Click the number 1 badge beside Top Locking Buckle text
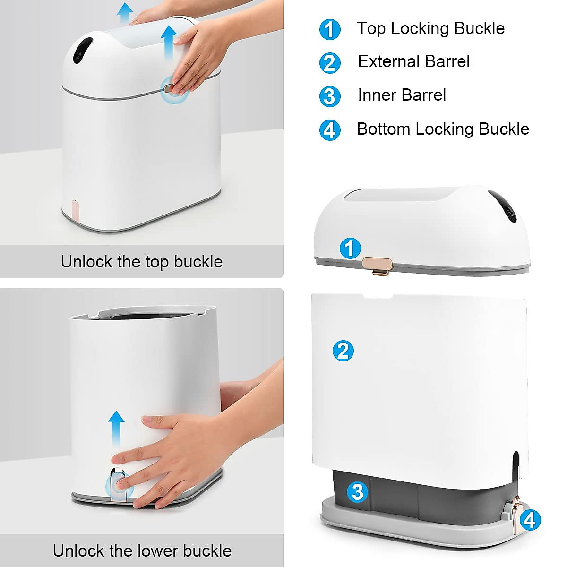click(330, 29)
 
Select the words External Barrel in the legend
click(413, 61)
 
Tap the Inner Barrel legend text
click(402, 95)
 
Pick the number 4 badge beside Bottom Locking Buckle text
click(330, 130)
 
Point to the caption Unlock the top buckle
click(141, 261)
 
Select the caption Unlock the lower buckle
click(142, 550)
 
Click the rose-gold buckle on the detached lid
click(378, 265)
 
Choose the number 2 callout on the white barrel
click(343, 351)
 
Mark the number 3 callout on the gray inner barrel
click(358, 492)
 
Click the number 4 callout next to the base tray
click(530, 520)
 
